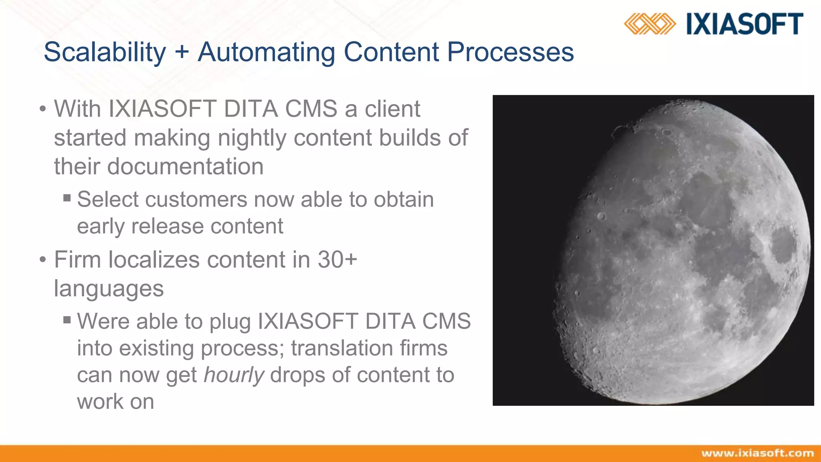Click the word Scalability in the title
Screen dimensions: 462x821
(105, 52)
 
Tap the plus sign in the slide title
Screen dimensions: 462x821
(182, 52)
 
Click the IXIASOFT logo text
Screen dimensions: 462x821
(744, 24)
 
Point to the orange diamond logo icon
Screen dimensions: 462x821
(649, 24)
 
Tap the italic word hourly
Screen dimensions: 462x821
(234, 375)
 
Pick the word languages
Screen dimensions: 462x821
(109, 289)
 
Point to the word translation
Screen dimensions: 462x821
(335, 348)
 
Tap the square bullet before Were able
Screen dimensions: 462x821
(67, 320)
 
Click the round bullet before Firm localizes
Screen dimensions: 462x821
(43, 259)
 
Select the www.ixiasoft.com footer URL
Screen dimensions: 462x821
(757, 454)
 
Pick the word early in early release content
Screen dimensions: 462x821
(101, 227)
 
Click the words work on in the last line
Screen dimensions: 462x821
(115, 402)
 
